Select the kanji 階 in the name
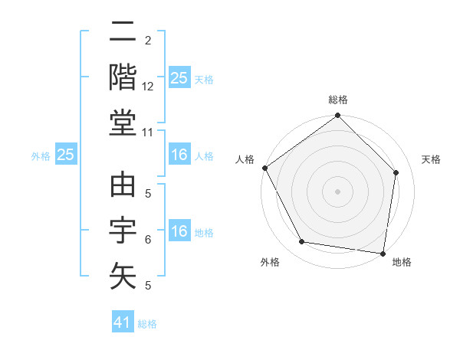pos(123,77)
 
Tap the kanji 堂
pos(123,122)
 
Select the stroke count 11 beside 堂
pos(149,133)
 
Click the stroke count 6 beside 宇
pos(148,240)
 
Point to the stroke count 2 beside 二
pos(148,41)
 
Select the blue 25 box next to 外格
pos(65,155)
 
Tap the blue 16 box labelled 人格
pos(179,155)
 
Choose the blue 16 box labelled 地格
pos(179,231)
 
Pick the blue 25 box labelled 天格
pos(179,78)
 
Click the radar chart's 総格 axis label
pos(338,100)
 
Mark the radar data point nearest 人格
pos(265,168)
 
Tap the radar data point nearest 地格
pos(383,253)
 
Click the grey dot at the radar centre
pos(337,191)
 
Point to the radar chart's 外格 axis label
pos(270,262)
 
